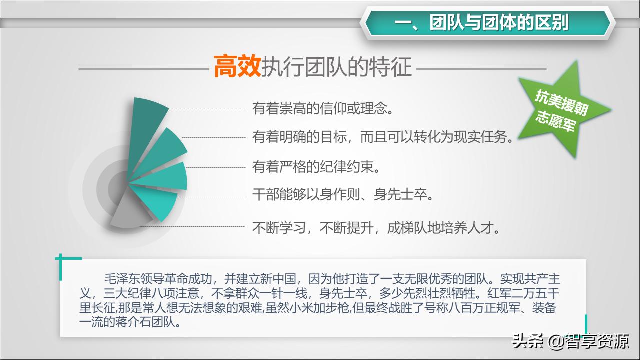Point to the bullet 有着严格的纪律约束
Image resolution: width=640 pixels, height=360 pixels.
(x=316, y=167)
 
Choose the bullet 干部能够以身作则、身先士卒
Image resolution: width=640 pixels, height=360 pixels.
(x=343, y=194)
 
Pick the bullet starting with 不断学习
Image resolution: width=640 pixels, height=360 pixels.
(x=377, y=228)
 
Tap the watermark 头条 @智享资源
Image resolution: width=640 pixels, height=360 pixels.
(x=570, y=342)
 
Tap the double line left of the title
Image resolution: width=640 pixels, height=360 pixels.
(x=143, y=67)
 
